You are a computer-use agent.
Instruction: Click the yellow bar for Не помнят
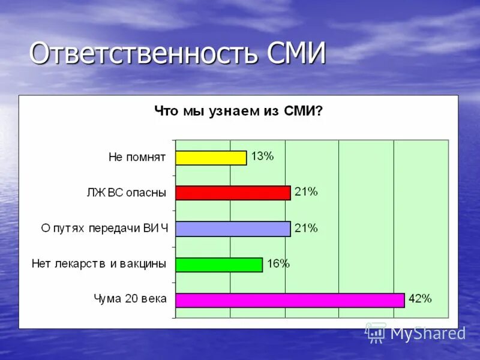coord(211,158)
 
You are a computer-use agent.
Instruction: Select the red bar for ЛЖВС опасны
coord(233,193)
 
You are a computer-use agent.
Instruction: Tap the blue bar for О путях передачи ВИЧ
coord(233,229)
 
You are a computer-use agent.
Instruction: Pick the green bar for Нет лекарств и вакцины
coord(219,265)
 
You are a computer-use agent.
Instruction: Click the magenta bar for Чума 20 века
coord(290,300)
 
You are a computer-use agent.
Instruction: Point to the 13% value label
coord(262,157)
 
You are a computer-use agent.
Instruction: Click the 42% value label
coord(419,299)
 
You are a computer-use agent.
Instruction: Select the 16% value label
coord(278,263)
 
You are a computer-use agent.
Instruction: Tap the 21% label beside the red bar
coord(306,192)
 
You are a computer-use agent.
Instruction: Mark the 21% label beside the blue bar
coord(306,228)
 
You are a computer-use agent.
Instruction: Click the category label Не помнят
coord(137,158)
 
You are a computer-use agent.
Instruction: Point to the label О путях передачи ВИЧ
coord(104,229)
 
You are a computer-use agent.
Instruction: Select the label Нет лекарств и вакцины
coord(99,264)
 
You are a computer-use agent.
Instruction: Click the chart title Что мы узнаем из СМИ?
coord(238,111)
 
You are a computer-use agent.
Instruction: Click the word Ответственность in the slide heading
coord(144,54)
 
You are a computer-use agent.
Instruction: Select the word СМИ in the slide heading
coord(296,54)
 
